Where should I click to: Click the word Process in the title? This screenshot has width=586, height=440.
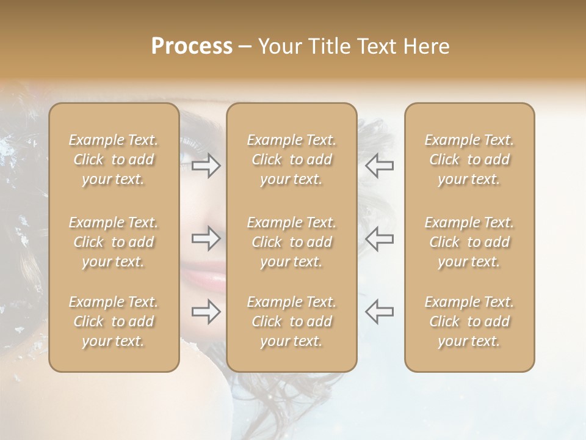(192, 46)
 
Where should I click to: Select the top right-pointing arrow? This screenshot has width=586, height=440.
(206, 166)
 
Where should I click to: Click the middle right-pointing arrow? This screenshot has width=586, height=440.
(206, 238)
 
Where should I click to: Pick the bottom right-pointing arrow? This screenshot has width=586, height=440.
(206, 312)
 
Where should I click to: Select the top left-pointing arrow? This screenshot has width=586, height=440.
(379, 166)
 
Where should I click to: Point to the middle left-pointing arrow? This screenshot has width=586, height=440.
(379, 238)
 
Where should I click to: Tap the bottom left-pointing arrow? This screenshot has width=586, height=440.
(379, 312)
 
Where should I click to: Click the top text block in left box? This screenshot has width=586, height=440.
(114, 159)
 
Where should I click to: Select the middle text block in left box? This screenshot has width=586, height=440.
(114, 242)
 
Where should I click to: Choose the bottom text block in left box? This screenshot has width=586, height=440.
(114, 321)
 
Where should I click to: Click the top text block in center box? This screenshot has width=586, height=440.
(292, 159)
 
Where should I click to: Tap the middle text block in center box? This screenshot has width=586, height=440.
(292, 242)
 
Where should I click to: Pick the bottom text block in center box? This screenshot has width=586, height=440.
(292, 321)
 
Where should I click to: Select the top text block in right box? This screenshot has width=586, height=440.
(469, 159)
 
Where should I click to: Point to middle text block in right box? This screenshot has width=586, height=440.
(469, 242)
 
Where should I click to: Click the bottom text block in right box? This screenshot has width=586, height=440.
(469, 321)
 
